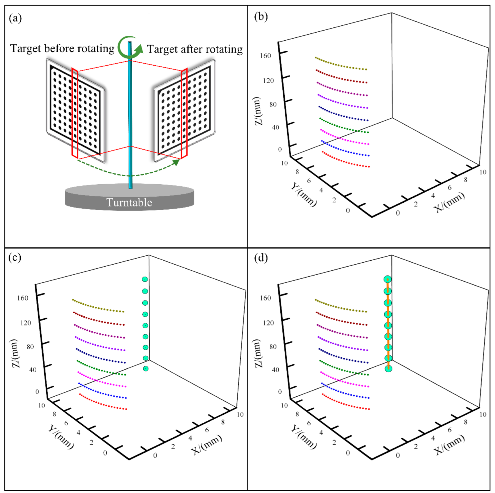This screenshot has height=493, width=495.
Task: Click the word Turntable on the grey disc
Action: pos(129,202)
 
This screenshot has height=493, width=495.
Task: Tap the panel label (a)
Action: pos(15,18)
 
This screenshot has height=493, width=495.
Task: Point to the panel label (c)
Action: pos(15,257)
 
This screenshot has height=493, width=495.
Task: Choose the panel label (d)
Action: pos(261,257)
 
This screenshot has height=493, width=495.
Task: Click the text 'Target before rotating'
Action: pos(62,48)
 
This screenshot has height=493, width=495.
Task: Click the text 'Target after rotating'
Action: pos(195,49)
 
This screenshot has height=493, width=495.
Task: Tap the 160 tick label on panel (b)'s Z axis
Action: pos(265,56)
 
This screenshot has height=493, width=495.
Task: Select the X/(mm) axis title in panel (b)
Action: pos(450,202)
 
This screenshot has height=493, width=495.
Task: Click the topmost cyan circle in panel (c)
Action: pos(145,279)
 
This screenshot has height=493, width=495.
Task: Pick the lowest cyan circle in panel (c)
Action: pos(146,369)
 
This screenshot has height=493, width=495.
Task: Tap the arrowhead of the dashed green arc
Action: pos(176,162)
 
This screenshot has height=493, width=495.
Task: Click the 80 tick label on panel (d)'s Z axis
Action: pos(273,346)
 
